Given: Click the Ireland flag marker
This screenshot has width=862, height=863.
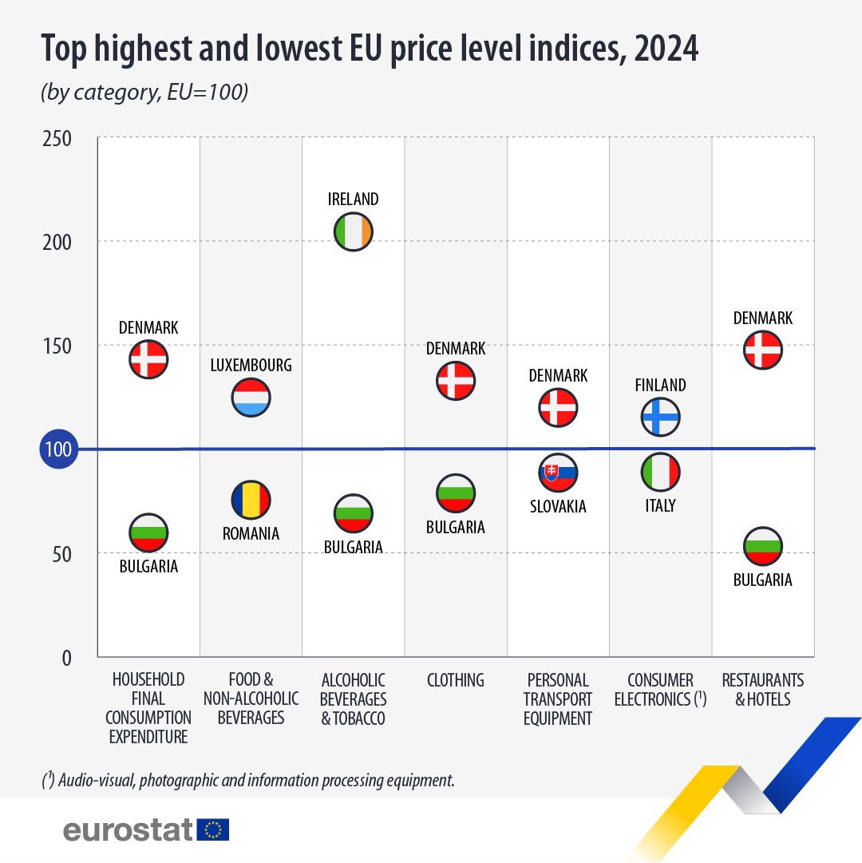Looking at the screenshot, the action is coord(353,232).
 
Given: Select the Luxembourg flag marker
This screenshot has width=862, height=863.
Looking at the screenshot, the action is coord(251,398).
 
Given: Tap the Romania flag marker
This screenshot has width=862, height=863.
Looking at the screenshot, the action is coord(251,500).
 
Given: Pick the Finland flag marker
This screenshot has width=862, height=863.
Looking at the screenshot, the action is coord(661,417).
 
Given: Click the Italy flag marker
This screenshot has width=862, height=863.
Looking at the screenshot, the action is coord(661,473).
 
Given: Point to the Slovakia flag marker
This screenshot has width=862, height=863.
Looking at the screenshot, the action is coord(558,473).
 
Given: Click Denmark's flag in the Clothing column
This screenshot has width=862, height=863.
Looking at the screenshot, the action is coord(456,381).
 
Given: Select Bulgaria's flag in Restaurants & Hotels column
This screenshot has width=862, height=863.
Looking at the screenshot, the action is coord(763,546).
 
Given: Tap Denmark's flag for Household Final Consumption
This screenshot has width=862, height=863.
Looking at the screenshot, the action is coord(148,359).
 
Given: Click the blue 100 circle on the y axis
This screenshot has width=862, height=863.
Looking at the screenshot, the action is coord(59,449).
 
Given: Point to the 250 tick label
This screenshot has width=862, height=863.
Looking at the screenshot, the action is coord(57,139).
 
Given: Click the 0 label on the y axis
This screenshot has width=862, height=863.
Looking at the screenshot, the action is coord(66,658).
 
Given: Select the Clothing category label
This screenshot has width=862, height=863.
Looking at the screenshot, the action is coord(456,680).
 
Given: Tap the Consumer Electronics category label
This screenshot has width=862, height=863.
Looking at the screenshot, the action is coord(661,690).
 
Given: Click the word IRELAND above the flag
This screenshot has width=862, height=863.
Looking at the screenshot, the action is coord(353,199).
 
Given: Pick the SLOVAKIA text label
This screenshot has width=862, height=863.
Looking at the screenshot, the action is coord(558,506).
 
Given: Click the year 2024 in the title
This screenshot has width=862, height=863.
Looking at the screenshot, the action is coord(666,48).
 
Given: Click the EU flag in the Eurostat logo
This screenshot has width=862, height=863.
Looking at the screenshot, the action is coord(213,829).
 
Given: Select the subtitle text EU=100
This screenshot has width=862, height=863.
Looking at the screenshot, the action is coord(208,91).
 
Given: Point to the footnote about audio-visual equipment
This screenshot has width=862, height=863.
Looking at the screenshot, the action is coord(248,780).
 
